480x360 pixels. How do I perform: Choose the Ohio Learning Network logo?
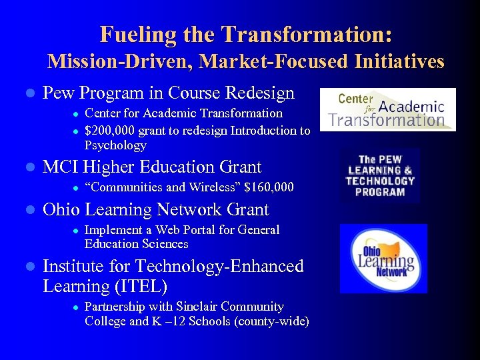(x=383, y=259)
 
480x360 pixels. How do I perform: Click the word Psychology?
(x=115, y=145)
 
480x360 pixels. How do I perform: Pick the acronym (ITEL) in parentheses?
(x=141, y=287)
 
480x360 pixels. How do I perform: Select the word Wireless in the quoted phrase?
(x=199, y=187)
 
